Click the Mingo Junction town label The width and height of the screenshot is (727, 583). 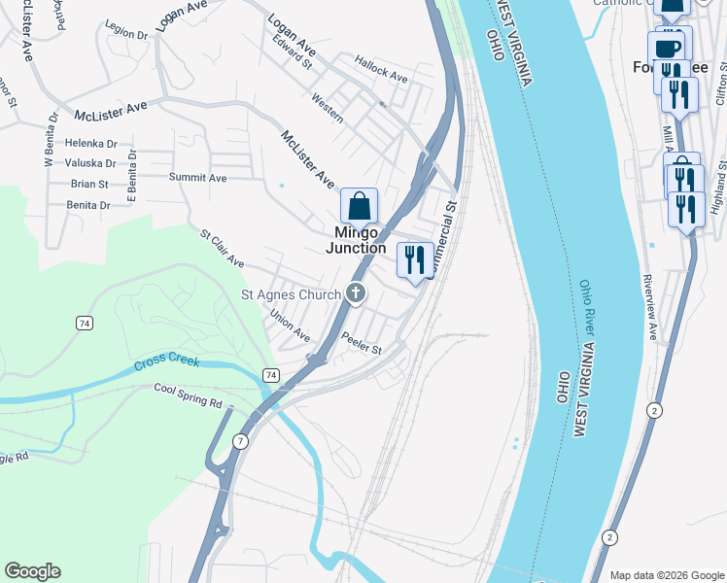click(x=356, y=240)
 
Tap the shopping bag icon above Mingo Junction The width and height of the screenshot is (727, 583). click(x=359, y=206)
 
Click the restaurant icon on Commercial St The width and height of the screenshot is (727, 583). click(x=415, y=260)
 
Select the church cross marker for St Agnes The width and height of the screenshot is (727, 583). click(x=357, y=293)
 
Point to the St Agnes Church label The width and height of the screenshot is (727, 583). click(x=291, y=294)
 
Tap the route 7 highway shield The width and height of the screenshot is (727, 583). click(x=241, y=441)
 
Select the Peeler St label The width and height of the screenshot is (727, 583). click(x=362, y=343)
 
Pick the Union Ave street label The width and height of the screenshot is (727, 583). click(x=290, y=326)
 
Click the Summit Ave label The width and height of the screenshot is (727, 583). click(x=197, y=178)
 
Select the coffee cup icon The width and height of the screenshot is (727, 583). click(x=668, y=47)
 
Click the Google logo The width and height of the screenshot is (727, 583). click(x=32, y=571)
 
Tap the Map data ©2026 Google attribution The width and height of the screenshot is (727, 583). click(x=667, y=575)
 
